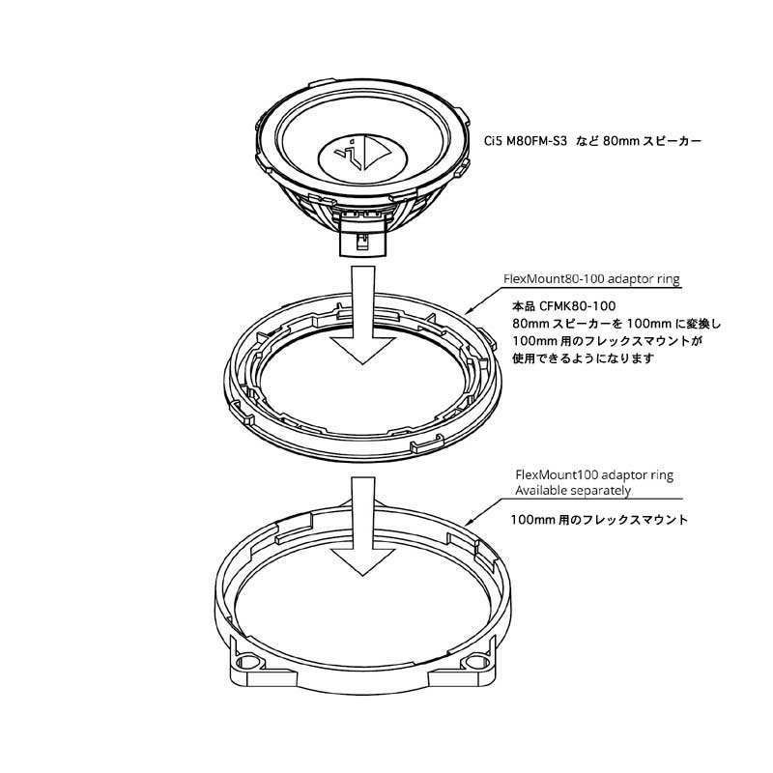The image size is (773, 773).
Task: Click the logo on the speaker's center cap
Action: (362, 153)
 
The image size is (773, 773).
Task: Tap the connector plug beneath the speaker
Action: (363, 238)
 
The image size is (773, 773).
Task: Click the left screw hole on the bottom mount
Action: (246, 662)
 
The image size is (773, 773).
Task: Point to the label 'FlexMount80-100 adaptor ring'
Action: (591, 279)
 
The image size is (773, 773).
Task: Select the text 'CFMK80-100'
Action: (577, 306)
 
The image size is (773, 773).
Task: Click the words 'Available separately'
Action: (573, 491)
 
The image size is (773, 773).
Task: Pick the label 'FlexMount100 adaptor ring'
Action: (594, 475)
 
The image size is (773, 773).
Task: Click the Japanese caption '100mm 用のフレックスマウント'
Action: (599, 520)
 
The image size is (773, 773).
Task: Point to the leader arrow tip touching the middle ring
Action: (466, 313)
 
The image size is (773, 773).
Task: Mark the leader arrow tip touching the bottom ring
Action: (467, 524)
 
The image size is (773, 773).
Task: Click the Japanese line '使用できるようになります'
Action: (584, 358)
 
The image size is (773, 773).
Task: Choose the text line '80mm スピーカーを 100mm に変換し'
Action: (616, 324)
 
